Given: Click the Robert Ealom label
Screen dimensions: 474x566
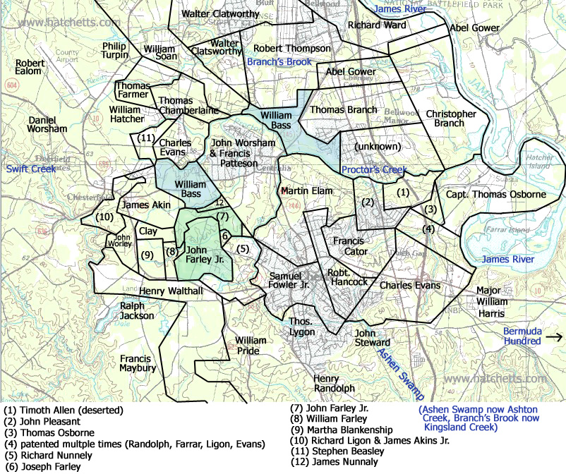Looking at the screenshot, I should point(30,66).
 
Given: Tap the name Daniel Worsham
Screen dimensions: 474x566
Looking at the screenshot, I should point(47,124).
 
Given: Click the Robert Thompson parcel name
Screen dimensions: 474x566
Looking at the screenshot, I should point(291,49).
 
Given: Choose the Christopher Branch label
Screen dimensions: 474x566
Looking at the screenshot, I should point(450,119).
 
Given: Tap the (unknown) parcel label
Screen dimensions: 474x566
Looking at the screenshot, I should point(378,147).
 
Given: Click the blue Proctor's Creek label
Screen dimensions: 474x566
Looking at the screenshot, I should point(374,170).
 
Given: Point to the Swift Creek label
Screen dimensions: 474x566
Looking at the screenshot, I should point(30,169).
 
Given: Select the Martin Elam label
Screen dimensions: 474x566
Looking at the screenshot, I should point(307,190).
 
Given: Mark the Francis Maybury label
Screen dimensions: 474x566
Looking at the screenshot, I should point(138,363).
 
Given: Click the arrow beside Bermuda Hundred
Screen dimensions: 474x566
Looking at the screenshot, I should point(555,337).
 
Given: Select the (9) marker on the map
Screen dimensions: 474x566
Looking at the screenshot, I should point(147,255).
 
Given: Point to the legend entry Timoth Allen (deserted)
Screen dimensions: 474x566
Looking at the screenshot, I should point(64,410).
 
